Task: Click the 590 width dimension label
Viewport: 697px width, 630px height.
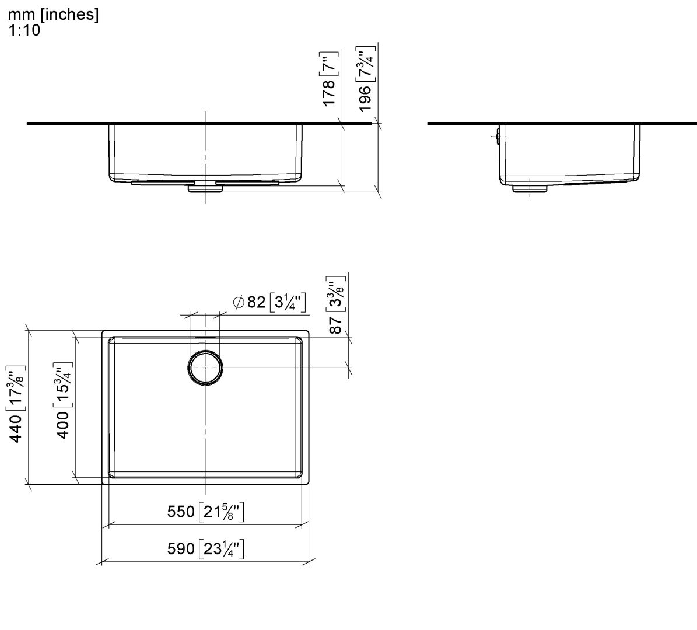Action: [x=181, y=549]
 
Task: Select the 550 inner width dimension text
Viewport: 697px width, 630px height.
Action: [x=181, y=512]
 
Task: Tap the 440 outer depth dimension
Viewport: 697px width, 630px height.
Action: [x=17, y=428]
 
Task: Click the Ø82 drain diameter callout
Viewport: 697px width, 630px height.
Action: [x=249, y=302]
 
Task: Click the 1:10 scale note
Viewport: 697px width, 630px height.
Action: [x=24, y=31]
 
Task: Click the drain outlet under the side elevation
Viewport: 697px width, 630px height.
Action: [x=529, y=188]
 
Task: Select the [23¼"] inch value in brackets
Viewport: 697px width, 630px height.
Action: [x=221, y=549]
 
